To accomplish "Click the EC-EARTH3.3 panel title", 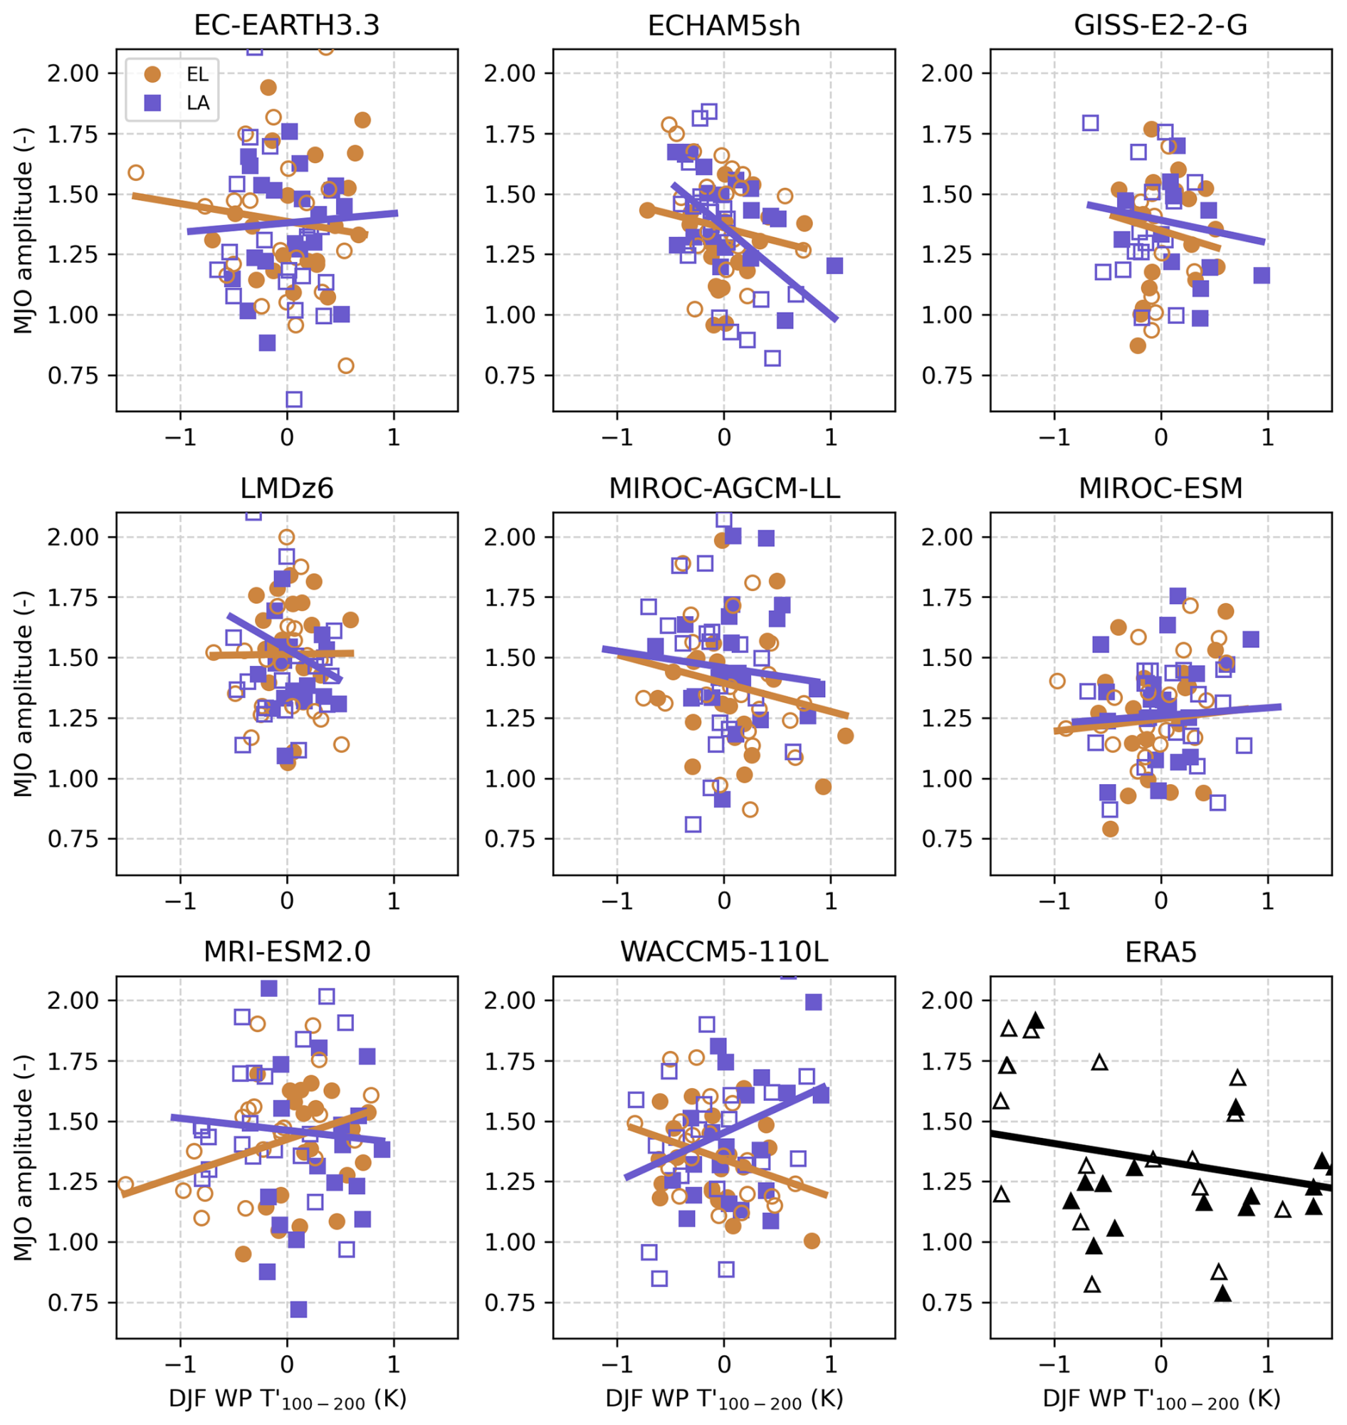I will [x=286, y=25].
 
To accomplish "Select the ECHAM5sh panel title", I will [x=724, y=25].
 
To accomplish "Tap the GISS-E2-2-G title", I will [x=1160, y=25].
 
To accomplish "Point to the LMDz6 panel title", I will [x=286, y=489].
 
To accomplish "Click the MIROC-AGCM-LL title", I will [x=724, y=489].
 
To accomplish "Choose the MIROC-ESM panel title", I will [x=1160, y=489].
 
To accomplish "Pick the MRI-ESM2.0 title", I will [x=286, y=951].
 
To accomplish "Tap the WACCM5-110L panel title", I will [x=724, y=951].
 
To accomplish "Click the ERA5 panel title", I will [x=1160, y=951].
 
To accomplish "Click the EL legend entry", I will [x=172, y=74].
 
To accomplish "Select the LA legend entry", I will [x=172, y=103].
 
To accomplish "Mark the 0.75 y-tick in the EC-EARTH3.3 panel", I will [x=73, y=375].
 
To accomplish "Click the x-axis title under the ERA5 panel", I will [x=1160, y=1399].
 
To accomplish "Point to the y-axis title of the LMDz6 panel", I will [x=23, y=694].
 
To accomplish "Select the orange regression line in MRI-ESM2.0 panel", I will [x=244, y=1155].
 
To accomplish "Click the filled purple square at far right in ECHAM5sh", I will [x=834, y=266].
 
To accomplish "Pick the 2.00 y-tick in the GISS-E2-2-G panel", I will [x=947, y=73].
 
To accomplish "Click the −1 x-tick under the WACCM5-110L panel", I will [x=616, y=1363].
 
